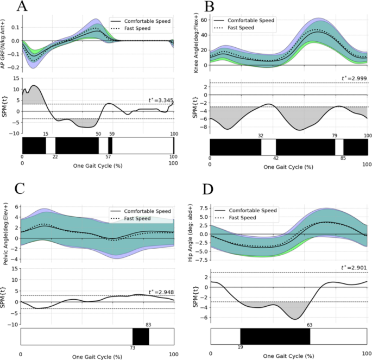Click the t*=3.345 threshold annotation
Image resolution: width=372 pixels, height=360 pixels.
point(161,100)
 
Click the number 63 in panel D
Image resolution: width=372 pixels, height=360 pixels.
point(310,325)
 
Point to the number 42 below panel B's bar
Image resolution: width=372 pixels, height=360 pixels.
point(276,159)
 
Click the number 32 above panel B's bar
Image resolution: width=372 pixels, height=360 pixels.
point(261,136)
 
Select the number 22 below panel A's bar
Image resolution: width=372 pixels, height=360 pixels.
point(55,156)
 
